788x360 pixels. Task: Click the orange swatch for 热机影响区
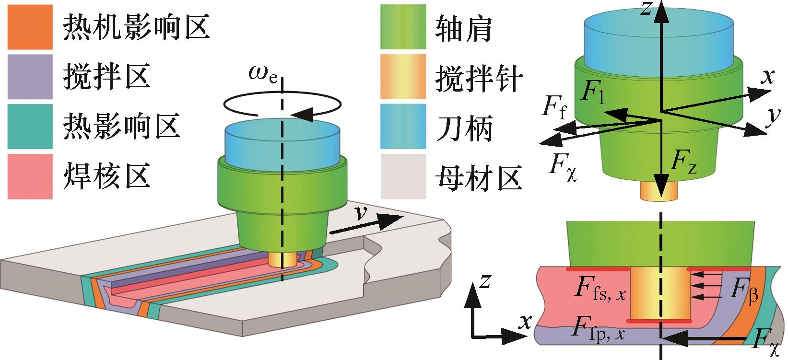tap(30, 27)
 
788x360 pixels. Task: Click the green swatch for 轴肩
tap(403, 27)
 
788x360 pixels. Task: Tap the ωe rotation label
tap(263, 73)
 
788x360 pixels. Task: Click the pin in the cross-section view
tap(660, 295)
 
